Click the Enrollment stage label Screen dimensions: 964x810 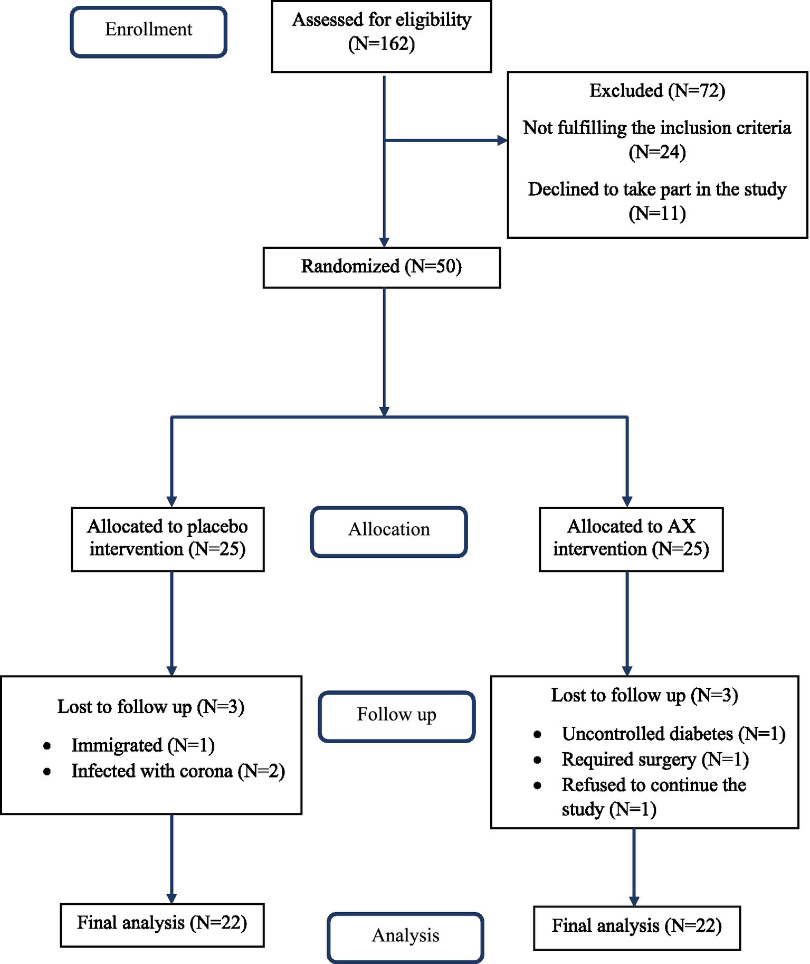pyautogui.click(x=148, y=30)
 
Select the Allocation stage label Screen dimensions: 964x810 pyautogui.click(x=389, y=529)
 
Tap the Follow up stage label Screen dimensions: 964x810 pyautogui.click(x=396, y=714)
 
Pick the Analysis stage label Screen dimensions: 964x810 pyautogui.click(x=405, y=935)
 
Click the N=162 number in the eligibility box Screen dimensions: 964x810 pyautogui.click(x=382, y=44)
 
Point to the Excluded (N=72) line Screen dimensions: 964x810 pyautogui.click(x=657, y=91)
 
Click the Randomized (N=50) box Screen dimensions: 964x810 pyautogui.click(x=381, y=267)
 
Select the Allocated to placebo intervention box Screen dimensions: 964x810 pyautogui.click(x=167, y=538)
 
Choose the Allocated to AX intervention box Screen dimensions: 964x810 pyautogui.click(x=631, y=538)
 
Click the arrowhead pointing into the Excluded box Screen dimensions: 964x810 pyautogui.click(x=502, y=141)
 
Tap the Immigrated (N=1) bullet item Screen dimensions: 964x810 pyautogui.click(x=143, y=745)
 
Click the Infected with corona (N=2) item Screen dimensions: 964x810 pyautogui.click(x=178, y=771)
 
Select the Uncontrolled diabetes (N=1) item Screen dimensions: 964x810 pyautogui.click(x=673, y=734)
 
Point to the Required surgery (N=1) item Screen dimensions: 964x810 pyautogui.click(x=655, y=760)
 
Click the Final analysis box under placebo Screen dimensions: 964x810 pyautogui.click(x=162, y=923)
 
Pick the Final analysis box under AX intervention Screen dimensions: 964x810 pyautogui.click(x=636, y=926)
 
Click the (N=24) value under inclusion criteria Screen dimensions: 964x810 pyautogui.click(x=657, y=153)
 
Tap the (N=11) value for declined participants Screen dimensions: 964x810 pyautogui.click(x=657, y=214)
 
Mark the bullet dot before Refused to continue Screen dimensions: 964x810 pyautogui.click(x=537, y=785)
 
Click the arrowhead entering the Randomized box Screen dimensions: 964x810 pyautogui.click(x=384, y=242)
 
